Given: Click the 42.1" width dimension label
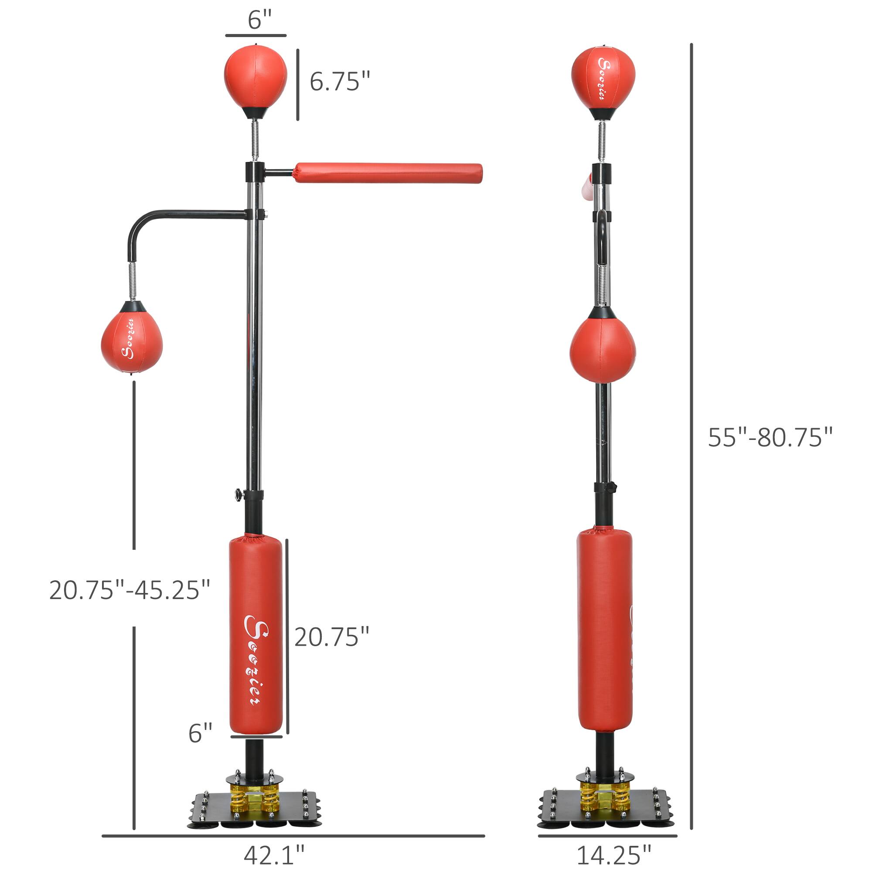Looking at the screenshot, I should click(x=274, y=855).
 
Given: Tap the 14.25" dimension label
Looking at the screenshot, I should click(x=614, y=855).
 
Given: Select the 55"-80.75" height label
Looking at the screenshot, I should click(x=770, y=437).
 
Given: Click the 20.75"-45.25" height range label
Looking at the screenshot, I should click(x=130, y=590).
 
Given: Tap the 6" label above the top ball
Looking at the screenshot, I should click(x=259, y=20).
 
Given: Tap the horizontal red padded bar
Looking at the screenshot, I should click(x=388, y=174).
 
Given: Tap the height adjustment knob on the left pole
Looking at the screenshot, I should click(x=238, y=495).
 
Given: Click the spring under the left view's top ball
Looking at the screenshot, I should click(x=255, y=140).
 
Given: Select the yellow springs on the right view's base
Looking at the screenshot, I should click(x=605, y=797).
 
